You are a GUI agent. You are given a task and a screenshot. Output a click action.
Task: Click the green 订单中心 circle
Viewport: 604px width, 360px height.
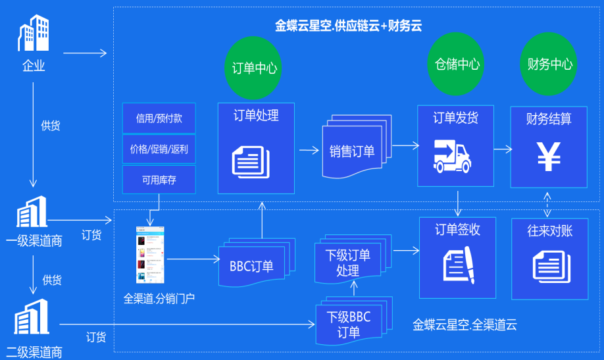pos(255,67)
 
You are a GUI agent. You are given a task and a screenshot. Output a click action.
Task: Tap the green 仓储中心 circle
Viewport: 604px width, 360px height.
pos(457,64)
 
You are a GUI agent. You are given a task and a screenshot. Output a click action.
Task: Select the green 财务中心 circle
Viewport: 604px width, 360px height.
pos(549,64)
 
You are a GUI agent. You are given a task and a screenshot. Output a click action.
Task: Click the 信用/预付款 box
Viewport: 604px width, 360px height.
pos(159,118)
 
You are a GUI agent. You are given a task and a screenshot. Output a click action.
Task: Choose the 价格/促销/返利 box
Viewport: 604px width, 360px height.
pos(159,149)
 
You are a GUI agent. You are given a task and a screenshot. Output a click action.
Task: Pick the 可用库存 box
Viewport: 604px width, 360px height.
pos(159,180)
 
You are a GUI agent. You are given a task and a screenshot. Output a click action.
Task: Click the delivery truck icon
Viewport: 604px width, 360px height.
pos(455,156)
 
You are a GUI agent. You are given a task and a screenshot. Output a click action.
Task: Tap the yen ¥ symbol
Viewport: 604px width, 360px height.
pos(549,157)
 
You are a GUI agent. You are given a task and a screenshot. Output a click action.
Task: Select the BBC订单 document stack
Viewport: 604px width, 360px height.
pos(252,263)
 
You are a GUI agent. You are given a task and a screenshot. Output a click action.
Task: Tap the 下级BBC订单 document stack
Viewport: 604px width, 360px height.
pos(349,321)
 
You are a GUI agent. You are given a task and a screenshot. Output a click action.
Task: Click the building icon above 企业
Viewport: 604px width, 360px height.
pos(33,34)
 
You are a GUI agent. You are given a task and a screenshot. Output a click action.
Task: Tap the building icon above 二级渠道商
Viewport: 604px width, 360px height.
pos(32,319)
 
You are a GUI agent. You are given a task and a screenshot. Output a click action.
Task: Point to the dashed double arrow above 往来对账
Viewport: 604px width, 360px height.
pos(547,204)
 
